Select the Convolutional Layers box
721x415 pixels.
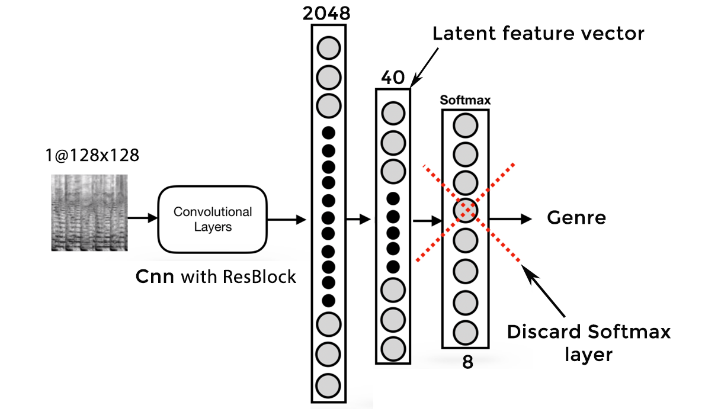[x=213, y=219]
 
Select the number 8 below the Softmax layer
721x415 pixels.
[x=467, y=362]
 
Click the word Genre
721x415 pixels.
[x=576, y=218]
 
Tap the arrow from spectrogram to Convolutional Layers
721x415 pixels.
[x=142, y=219]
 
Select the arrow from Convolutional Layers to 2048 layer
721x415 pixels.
[x=287, y=220]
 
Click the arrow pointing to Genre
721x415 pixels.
[x=509, y=218]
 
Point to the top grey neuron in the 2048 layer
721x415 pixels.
[x=328, y=47]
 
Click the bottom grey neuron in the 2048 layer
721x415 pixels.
[x=328, y=385]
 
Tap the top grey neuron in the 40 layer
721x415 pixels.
[x=393, y=112]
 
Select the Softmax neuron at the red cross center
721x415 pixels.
[x=466, y=210]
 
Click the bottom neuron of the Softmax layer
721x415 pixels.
[x=466, y=332]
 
